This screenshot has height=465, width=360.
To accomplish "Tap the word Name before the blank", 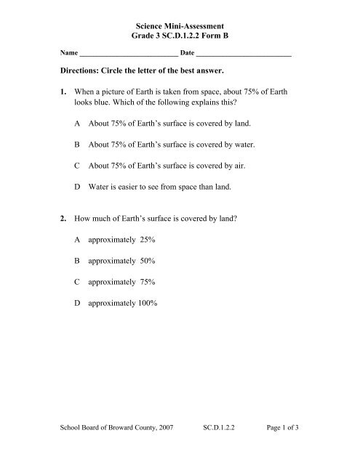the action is (68, 54).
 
